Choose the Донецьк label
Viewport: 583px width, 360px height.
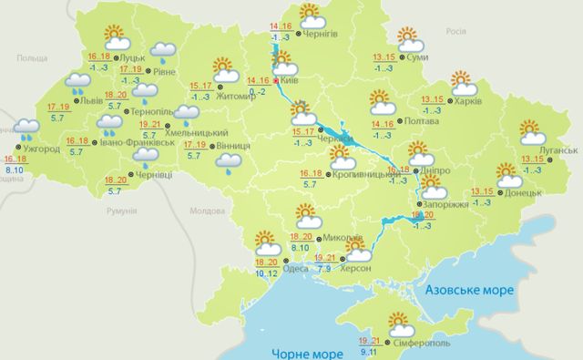(525, 192)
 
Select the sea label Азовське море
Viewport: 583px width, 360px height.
(470, 290)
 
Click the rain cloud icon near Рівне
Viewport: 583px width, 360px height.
(164, 52)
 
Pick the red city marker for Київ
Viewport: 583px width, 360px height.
(278, 80)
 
